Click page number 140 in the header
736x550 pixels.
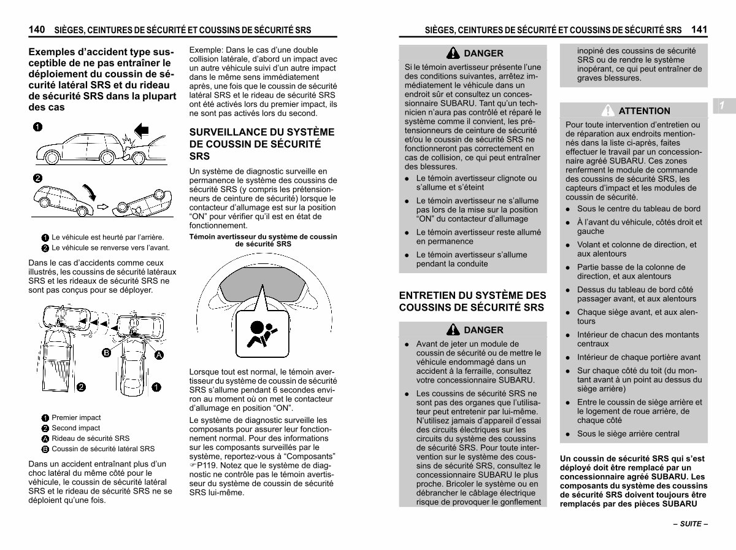coord(37,29)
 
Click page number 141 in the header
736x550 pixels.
coord(699,29)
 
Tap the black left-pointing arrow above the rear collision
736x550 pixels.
coord(142,130)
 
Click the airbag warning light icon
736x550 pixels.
coord(263,334)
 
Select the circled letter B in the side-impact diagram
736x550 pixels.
coord(106,353)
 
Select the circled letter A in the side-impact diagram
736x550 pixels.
coord(159,355)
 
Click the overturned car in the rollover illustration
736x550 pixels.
coord(142,203)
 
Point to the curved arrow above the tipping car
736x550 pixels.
coord(90,192)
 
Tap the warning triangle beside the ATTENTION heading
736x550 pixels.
coord(608,110)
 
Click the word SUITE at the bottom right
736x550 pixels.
coord(691,524)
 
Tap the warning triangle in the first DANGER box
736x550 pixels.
coord(453,53)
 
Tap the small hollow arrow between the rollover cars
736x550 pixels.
coord(102,207)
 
